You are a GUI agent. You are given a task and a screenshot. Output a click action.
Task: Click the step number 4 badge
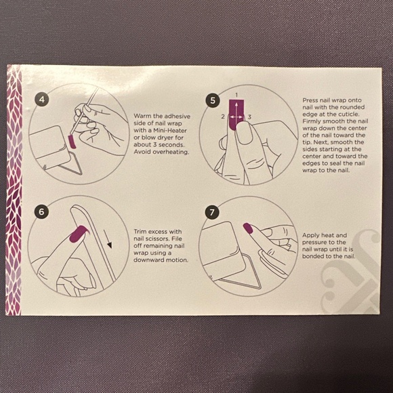tap(43, 100)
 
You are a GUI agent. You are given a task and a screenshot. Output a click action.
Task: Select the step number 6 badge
tap(42, 211)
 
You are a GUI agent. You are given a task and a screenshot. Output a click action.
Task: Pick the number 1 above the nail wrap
tap(236, 91)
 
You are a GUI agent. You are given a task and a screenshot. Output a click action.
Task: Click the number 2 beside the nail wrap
tap(222, 117)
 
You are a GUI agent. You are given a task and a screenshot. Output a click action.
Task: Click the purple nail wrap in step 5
tap(236, 114)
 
